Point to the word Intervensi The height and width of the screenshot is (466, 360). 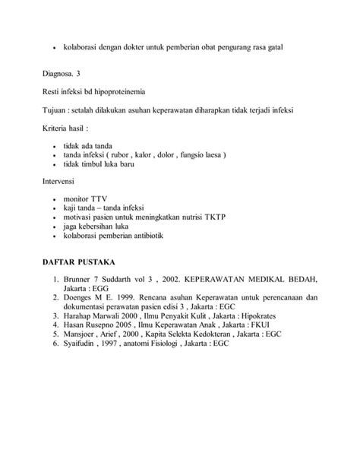click(x=60, y=182)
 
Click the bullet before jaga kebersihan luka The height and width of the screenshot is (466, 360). click(x=55, y=227)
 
